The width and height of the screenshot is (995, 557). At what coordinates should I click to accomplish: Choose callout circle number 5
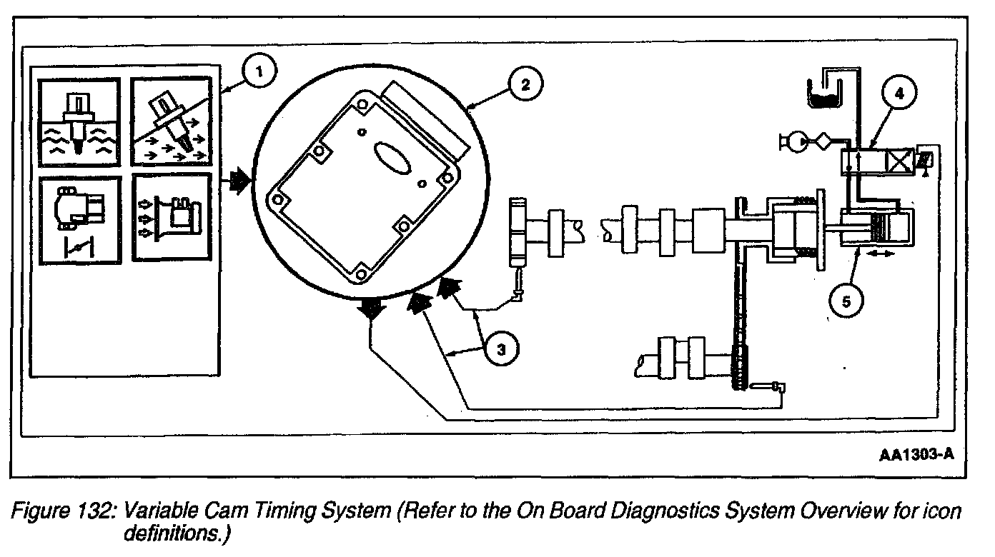click(x=846, y=301)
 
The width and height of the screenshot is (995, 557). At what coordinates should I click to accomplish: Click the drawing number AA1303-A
click(x=917, y=454)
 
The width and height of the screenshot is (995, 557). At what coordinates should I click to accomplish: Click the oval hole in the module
click(x=392, y=156)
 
